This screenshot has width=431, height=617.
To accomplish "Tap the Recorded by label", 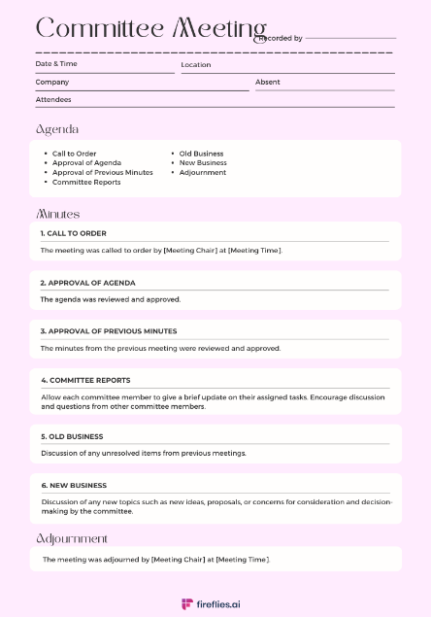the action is (x=281, y=38).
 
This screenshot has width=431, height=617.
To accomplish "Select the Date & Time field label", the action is (x=56, y=64).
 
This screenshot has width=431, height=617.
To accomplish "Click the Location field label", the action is (x=196, y=65).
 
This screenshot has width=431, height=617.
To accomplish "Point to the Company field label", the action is (x=52, y=82).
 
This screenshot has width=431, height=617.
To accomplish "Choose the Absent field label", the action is (x=268, y=82).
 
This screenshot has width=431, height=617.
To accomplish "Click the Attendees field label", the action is (x=53, y=99).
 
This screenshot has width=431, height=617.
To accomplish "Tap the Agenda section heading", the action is (x=57, y=129).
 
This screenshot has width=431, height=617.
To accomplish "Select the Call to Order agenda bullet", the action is (x=75, y=154).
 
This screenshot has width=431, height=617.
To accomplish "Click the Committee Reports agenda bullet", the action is (x=86, y=182).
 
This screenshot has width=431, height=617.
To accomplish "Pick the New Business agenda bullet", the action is (x=203, y=162).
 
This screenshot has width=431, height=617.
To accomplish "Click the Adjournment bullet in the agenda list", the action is (x=203, y=172).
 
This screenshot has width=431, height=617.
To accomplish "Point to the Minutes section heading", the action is (x=57, y=214).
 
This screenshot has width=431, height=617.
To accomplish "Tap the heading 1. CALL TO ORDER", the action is (x=74, y=233).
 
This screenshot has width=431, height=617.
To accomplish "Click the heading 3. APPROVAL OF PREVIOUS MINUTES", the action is (x=109, y=331).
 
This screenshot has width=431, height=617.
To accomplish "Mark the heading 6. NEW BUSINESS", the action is (x=74, y=485).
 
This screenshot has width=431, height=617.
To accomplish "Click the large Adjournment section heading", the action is (x=72, y=538).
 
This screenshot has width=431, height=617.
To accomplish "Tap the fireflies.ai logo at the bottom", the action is (x=215, y=603).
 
